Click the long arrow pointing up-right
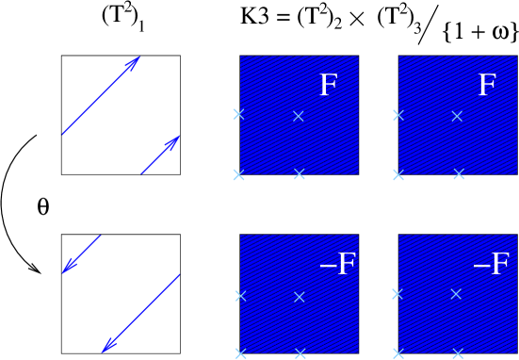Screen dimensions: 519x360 (101, 95)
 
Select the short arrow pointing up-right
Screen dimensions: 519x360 (160, 155)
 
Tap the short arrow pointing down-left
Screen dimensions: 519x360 (81, 254)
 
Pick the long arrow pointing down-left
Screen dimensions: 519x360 (140, 314)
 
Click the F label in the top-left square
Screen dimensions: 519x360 (328, 86)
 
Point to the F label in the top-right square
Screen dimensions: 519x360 (486, 86)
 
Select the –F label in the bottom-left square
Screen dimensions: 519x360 (337, 265)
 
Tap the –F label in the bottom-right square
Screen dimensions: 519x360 (491, 265)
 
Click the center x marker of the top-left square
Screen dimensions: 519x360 (299, 116)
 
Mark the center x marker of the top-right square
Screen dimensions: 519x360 (457, 116)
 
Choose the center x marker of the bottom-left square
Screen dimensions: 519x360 (300, 297)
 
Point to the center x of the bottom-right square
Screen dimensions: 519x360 (456, 294)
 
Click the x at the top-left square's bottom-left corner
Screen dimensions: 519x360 (238, 174)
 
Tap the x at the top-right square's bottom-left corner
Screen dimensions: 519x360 (397, 174)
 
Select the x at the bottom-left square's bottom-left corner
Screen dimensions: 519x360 (240, 353)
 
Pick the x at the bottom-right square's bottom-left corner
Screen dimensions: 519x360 (397, 353)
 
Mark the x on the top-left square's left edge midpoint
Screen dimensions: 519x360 (238, 114)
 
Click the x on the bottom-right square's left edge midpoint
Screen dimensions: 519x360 (397, 293)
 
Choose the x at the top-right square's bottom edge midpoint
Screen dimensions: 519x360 (459, 174)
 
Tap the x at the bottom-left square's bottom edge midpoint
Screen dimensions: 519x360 (300, 353)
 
